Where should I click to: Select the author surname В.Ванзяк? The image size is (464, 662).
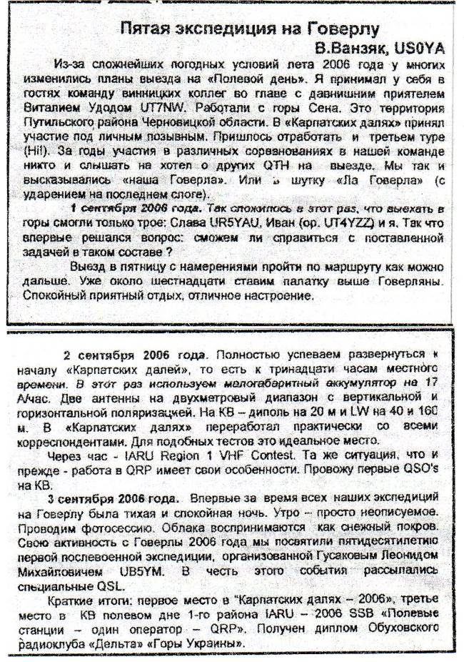348,48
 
